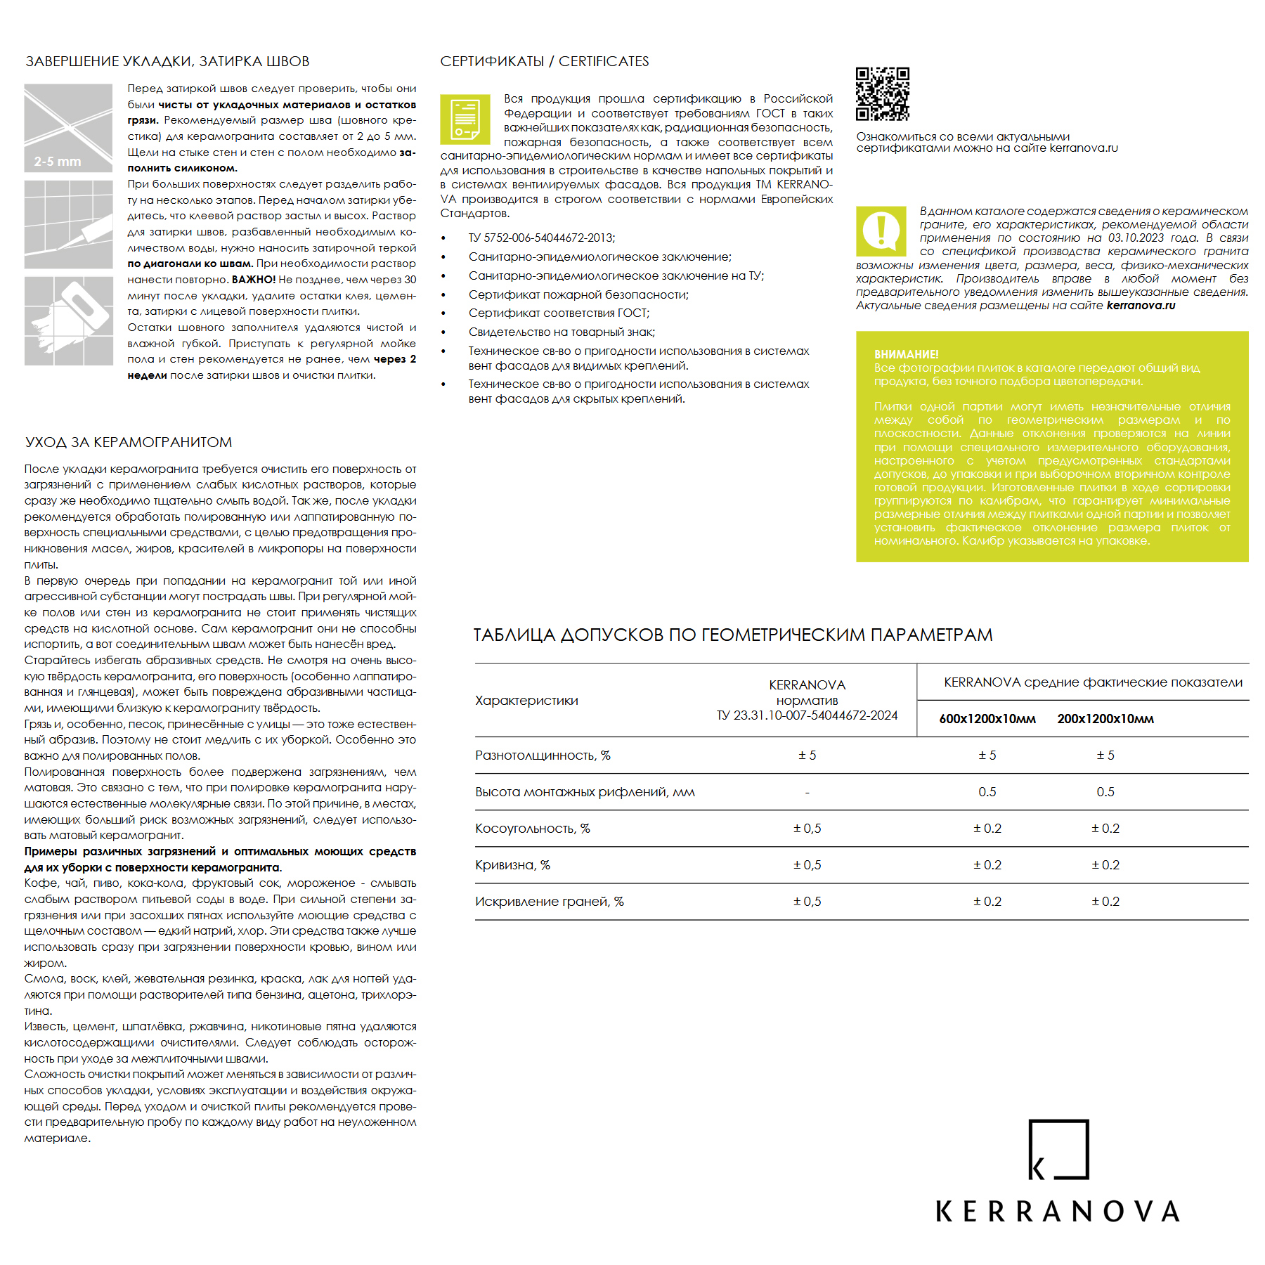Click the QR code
point(882,94)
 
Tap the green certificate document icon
point(465,119)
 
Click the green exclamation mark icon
point(881,231)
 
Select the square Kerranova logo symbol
point(1058,1149)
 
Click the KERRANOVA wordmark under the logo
point(1058,1212)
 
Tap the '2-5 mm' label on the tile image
point(58,162)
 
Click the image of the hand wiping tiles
point(69,321)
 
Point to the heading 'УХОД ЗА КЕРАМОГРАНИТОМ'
point(129,442)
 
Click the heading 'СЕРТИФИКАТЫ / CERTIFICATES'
point(545,62)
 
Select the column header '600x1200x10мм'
point(987,719)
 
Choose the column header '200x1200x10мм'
point(1105,719)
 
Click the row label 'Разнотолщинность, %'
point(543,755)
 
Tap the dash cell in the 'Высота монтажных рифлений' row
point(807,793)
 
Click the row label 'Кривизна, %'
point(512,865)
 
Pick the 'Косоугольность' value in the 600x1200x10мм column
point(987,829)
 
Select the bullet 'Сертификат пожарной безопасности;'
point(578,295)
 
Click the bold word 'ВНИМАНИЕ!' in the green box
point(906,355)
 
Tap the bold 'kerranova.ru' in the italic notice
point(1141,306)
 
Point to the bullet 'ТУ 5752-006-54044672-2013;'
point(542,238)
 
